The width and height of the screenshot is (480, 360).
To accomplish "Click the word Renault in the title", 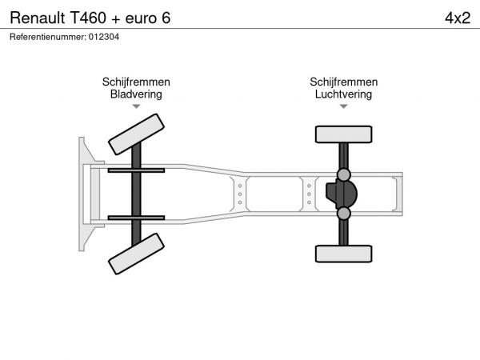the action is point(38,18).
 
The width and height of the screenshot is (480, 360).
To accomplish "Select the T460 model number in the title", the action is point(88,18).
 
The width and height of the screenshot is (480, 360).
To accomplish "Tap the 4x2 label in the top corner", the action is point(458,18).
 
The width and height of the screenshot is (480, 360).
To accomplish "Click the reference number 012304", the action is point(104,37).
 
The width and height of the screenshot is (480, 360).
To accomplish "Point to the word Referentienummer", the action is point(48,37).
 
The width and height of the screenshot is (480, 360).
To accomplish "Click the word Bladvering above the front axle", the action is point(136,94).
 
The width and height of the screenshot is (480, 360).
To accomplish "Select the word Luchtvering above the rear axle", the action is point(343,94).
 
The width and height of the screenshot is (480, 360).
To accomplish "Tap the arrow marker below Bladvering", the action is point(136,106).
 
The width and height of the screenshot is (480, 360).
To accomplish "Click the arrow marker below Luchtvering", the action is point(344,106).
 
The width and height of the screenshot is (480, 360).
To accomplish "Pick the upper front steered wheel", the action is point(136,134).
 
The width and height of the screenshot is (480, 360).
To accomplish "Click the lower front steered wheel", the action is point(136,254).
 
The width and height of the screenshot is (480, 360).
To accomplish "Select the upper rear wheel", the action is point(344,134).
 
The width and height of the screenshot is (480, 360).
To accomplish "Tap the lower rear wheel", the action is point(344,254).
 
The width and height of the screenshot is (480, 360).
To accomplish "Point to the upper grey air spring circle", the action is point(344,174).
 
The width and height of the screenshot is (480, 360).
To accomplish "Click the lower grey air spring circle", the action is point(344,214).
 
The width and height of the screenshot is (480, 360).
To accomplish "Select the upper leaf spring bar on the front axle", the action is point(136,170).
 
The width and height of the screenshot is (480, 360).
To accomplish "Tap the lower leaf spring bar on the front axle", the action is point(136,218).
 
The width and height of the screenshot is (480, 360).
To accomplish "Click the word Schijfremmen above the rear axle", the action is point(343,82).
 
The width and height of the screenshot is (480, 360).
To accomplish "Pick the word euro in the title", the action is point(141,18).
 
